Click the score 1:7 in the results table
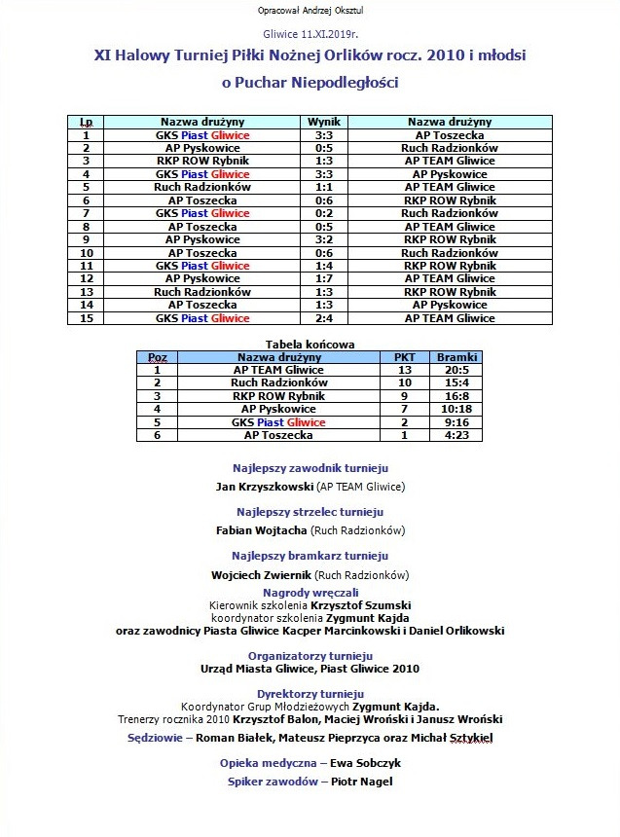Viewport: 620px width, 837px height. click(x=324, y=278)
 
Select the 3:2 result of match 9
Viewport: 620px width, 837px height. click(x=324, y=239)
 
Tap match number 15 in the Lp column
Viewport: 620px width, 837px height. click(x=87, y=318)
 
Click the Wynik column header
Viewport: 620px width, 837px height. click(x=324, y=122)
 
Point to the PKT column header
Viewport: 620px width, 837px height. click(x=404, y=357)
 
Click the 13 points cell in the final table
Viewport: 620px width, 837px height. click(x=404, y=370)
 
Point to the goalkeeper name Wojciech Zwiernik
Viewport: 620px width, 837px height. click(x=256, y=575)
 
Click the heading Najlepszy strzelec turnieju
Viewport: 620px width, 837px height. click(x=310, y=512)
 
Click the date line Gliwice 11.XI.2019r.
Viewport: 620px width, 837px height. click(x=310, y=33)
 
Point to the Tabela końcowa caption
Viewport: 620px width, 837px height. click(x=310, y=344)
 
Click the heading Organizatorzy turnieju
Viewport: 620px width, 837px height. click(x=310, y=656)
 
